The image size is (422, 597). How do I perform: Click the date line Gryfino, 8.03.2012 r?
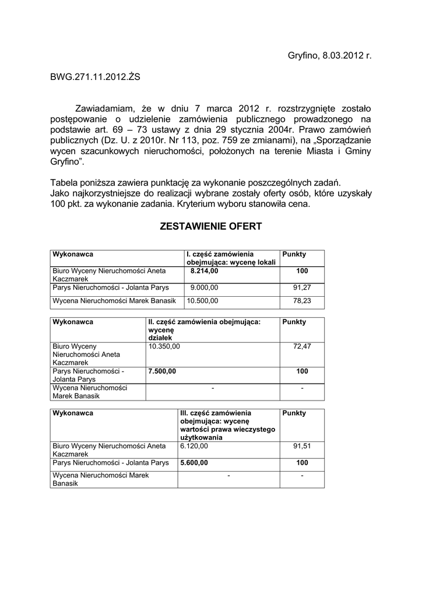tap(329, 55)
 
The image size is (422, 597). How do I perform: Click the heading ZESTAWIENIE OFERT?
tap(210, 226)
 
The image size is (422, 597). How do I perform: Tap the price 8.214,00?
tap(204, 271)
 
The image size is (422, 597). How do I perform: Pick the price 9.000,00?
tap(204, 287)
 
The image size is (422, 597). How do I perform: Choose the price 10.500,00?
tap(202, 301)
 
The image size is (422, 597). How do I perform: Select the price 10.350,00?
tap(164, 346)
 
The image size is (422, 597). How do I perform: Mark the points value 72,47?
tap(301, 346)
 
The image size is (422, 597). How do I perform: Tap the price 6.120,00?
tap(194, 446)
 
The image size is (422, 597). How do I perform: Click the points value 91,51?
tap(301, 446)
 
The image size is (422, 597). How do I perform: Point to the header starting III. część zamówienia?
tap(227, 425)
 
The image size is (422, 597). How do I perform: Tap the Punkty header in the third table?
tap(294, 413)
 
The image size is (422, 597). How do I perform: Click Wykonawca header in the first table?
tap(73, 255)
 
